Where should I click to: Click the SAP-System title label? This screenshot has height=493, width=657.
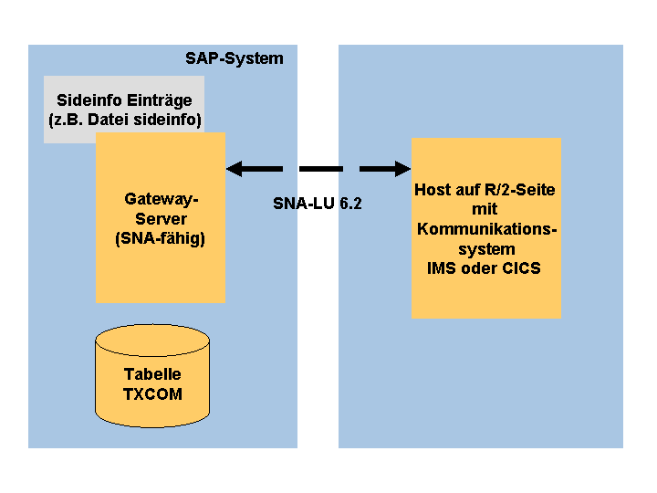[235, 58]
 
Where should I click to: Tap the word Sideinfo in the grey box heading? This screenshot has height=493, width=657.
[89, 100]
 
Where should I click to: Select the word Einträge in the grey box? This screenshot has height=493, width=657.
[160, 101]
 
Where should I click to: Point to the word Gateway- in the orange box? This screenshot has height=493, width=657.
[162, 200]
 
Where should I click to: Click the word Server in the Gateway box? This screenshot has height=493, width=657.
[161, 219]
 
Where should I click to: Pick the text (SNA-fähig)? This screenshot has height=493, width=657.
[160, 239]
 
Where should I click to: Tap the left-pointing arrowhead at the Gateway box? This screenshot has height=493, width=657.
[235, 169]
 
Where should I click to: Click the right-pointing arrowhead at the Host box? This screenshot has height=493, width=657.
[402, 169]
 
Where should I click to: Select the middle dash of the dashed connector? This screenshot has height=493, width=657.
[321, 169]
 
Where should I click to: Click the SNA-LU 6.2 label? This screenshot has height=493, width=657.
[318, 204]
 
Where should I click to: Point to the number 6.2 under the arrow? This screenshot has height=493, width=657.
[350, 204]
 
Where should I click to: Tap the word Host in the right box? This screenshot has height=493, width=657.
[431, 190]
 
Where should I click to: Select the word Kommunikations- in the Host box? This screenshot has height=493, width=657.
[487, 229]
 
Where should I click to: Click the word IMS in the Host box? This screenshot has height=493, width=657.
[442, 268]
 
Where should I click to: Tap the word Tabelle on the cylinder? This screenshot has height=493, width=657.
[152, 374]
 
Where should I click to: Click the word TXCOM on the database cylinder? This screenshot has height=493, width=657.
[152, 394]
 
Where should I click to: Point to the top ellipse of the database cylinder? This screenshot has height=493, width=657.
[152, 324]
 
